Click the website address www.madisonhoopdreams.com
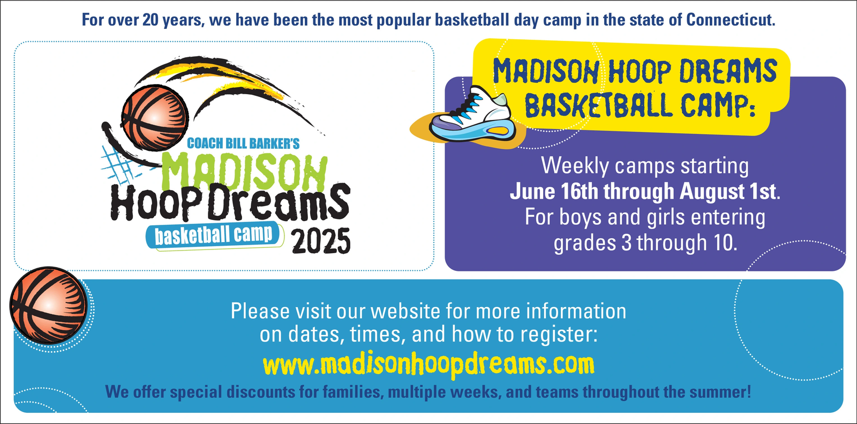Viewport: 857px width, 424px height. [x=429, y=365]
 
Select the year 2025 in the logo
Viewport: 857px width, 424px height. [x=321, y=241]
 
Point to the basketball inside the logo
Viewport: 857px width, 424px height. [x=155, y=118]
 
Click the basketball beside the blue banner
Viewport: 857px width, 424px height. [x=49, y=306]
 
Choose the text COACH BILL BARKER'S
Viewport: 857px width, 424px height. [x=243, y=143]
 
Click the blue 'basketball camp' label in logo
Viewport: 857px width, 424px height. [x=215, y=235]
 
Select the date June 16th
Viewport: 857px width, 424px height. [x=554, y=191]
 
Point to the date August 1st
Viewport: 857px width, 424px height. [x=728, y=191]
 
